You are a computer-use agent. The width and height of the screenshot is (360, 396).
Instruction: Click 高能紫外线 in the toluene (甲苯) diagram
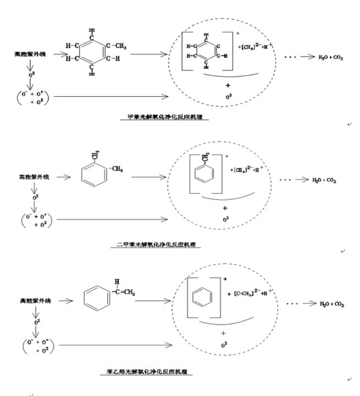tap(29, 54)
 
